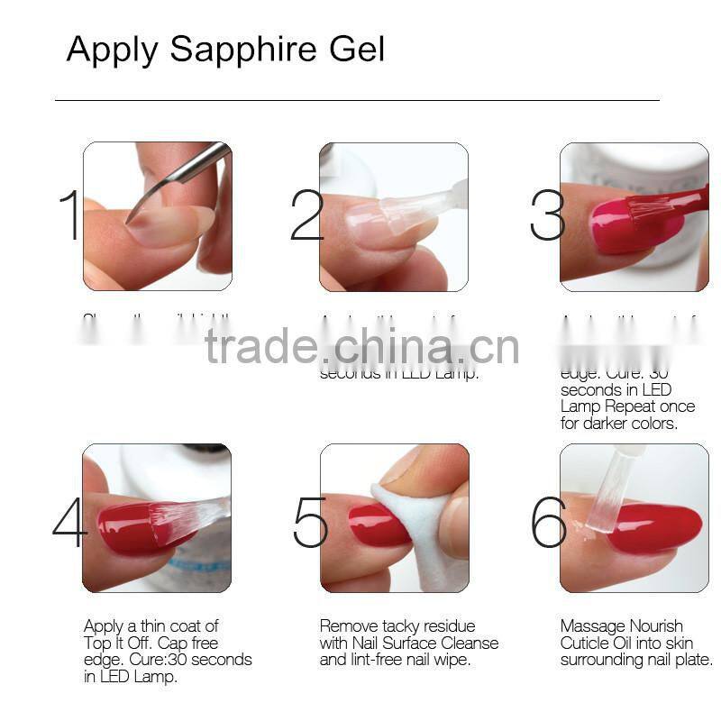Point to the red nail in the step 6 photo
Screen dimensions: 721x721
[653, 527]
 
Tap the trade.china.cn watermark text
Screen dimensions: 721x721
[361, 347]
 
